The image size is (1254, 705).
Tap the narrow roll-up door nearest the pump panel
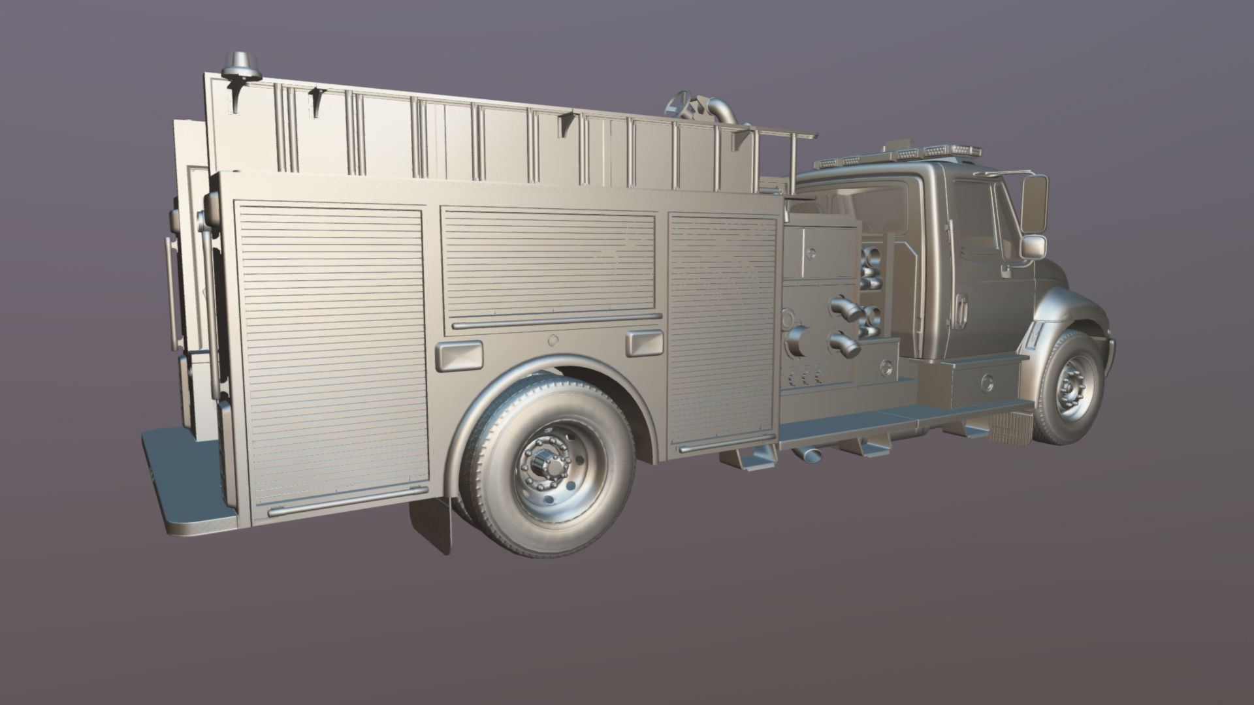click(722, 330)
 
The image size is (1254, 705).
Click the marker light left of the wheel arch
click(458, 356)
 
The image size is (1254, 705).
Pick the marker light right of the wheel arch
click(643, 343)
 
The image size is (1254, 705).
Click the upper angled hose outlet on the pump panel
click(846, 309)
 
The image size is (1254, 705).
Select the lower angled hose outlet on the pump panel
click(844, 344)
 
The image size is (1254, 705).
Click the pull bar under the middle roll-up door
click(556, 321)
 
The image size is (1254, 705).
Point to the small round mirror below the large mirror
click(1033, 247)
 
